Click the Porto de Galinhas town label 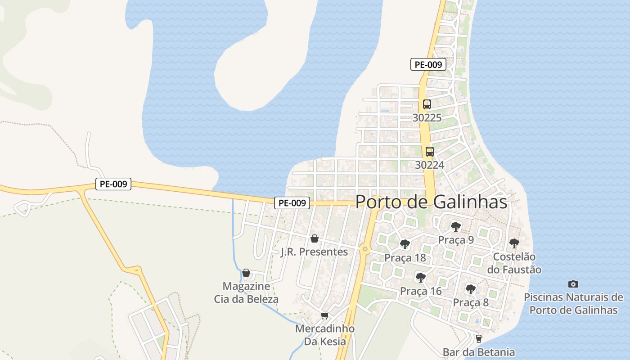(431, 202)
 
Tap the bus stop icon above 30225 (427, 104)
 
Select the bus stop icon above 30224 (429, 152)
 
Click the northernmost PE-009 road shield (428, 64)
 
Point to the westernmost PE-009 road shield (113, 184)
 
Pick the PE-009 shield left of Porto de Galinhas (292, 203)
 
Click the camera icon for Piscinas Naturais (573, 284)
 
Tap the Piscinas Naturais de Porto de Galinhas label (573, 304)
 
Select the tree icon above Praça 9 (455, 226)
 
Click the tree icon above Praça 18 (405, 244)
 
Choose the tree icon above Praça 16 (420, 277)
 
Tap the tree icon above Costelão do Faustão (514, 243)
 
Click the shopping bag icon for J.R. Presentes (314, 238)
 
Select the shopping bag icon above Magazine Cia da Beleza (246, 273)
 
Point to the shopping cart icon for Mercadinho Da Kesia (324, 315)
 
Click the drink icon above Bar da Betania (478, 338)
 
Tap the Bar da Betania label (478, 352)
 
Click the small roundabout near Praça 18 (365, 248)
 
